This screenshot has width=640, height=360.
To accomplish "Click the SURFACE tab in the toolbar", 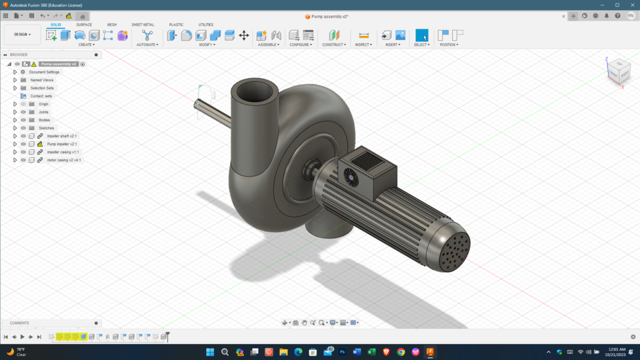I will [84, 25].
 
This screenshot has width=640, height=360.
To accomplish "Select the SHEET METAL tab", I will [143, 25].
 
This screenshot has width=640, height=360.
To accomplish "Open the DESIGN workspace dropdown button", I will [23, 35].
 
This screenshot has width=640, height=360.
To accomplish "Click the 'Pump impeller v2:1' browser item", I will [62, 144].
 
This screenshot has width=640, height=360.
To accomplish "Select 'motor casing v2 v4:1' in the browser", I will [64, 160].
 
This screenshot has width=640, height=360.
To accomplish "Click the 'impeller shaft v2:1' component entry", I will [62, 136].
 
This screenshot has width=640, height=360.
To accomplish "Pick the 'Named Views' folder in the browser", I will [41, 80].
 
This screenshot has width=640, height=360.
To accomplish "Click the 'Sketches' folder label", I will [46, 128].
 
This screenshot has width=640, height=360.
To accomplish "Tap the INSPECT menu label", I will [363, 45].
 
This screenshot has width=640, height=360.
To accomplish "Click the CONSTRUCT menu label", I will [333, 45].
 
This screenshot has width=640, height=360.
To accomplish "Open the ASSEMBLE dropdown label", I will [269, 45].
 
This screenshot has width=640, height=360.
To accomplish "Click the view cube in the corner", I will [618, 71].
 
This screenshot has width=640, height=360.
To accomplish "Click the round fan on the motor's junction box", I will [351, 177].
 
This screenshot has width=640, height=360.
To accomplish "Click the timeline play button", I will [23, 337].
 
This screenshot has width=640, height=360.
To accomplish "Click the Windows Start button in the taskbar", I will [210, 352].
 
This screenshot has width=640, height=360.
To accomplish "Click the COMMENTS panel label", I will [19, 323].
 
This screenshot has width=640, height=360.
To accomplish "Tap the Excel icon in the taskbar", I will [371, 352].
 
